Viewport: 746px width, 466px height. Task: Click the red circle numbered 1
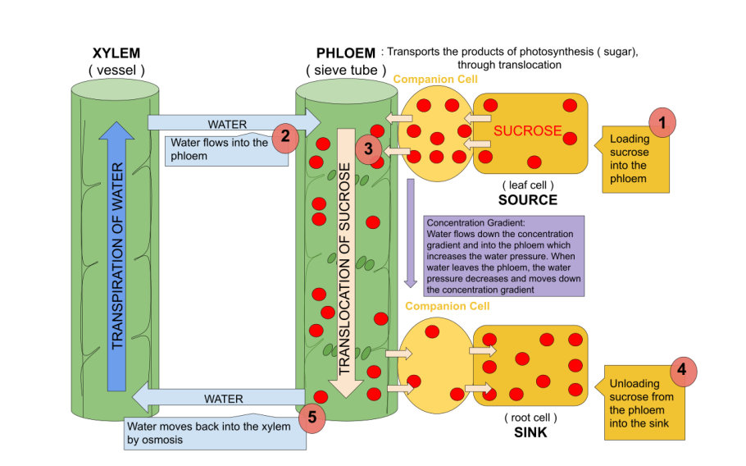point(662,123)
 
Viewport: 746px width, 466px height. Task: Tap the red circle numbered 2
point(284,139)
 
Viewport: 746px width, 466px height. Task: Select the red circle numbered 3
point(369,149)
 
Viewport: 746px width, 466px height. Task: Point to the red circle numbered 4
point(683,371)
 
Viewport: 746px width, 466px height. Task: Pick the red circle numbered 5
point(312,418)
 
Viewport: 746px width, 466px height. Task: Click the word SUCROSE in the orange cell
point(527,131)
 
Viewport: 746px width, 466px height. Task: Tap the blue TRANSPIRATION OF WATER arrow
point(120,254)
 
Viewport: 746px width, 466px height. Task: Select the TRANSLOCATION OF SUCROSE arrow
point(346,263)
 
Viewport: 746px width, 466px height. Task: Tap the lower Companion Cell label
point(447,306)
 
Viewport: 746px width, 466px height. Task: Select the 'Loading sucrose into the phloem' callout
point(635,160)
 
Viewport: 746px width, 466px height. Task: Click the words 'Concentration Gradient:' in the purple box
point(465,223)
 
